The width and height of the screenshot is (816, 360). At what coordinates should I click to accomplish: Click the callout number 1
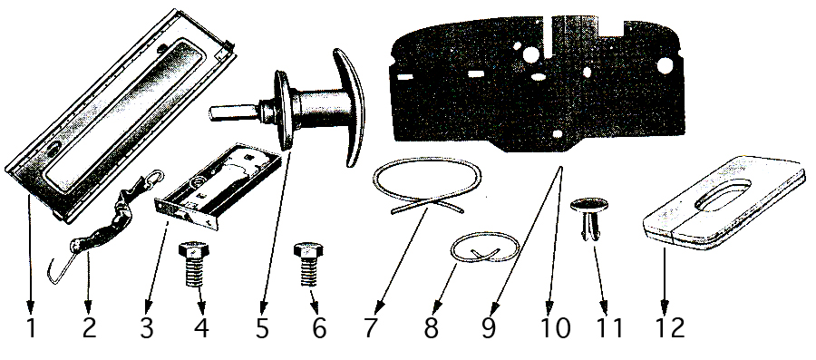(x=31, y=328)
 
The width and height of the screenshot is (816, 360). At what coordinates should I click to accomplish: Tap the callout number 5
(x=261, y=328)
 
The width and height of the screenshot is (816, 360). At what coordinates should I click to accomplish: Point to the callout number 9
(x=488, y=328)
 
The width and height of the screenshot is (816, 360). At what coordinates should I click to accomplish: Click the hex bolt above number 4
(x=194, y=263)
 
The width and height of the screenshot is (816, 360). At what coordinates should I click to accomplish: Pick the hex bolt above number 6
(x=308, y=263)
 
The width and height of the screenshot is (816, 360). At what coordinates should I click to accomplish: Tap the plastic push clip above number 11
(x=589, y=219)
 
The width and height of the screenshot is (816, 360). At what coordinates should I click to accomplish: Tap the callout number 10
(x=555, y=328)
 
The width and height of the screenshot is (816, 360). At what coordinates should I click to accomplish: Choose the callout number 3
(x=146, y=328)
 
